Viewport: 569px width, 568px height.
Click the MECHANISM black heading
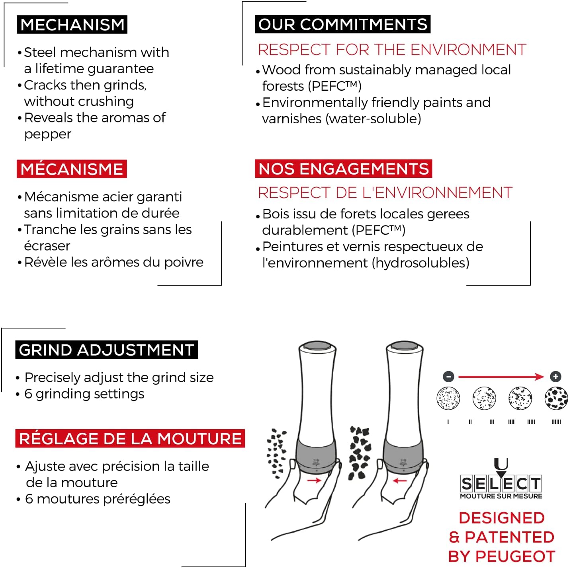(x=72, y=25)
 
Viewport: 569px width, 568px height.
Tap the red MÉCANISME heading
(x=72, y=169)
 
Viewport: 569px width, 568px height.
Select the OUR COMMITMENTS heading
(x=342, y=24)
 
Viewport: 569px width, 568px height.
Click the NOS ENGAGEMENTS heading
(x=343, y=169)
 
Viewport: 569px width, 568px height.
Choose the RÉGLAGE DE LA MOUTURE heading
(x=130, y=438)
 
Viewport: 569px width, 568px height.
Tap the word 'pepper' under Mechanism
(x=47, y=134)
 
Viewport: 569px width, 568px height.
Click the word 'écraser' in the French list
(x=47, y=245)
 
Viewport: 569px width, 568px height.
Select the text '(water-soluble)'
(x=373, y=119)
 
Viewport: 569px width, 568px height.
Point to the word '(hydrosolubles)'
(x=420, y=263)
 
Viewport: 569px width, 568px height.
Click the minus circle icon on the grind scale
(x=448, y=377)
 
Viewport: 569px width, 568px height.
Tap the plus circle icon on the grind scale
(x=555, y=377)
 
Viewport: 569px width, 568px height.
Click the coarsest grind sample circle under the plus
(x=556, y=398)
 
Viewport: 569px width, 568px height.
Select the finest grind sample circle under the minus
(x=448, y=398)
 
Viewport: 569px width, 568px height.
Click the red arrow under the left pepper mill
(x=314, y=480)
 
